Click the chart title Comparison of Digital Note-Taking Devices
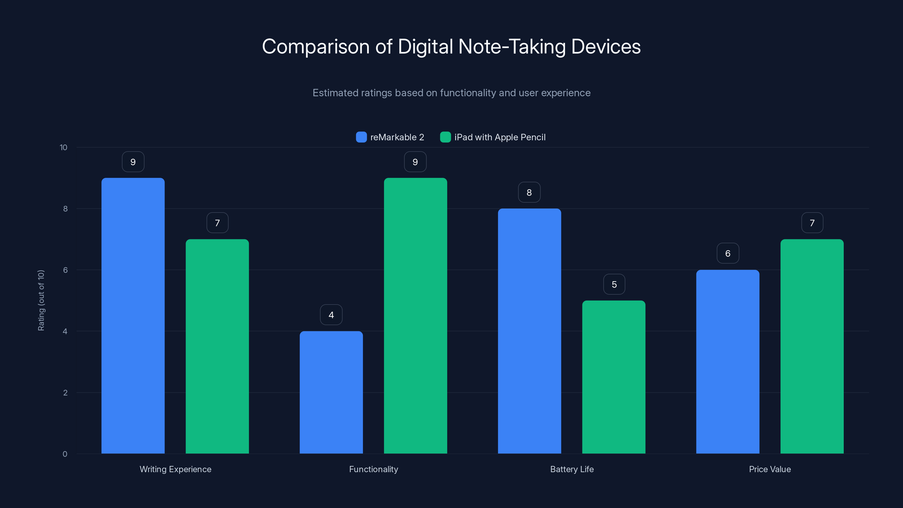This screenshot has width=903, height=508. click(451, 47)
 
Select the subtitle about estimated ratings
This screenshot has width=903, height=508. click(451, 93)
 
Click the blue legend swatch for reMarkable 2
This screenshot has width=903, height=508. click(361, 137)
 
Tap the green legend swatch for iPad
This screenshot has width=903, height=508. click(445, 137)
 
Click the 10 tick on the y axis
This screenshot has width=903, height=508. click(63, 148)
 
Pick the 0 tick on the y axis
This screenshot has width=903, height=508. click(65, 454)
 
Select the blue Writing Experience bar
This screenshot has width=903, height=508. click(133, 316)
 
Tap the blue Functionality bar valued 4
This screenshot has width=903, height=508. click(331, 392)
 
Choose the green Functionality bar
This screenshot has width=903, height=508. click(415, 316)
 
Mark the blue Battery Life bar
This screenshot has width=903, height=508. click(529, 331)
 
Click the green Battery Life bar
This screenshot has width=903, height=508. click(613, 377)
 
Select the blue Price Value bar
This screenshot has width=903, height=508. click(727, 362)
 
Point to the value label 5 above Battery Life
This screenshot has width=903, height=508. click(614, 284)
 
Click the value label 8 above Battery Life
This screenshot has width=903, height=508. click(529, 192)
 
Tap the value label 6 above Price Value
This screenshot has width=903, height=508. click(727, 253)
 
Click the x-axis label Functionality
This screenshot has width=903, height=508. click(373, 469)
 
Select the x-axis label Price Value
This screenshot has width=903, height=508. click(770, 469)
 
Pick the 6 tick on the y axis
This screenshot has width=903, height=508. click(65, 270)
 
